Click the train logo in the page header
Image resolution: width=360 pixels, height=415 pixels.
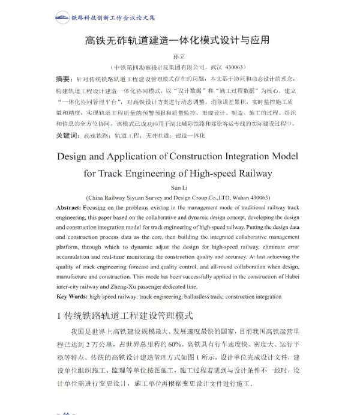[62, 17]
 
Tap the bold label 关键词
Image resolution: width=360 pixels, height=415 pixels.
[67, 136]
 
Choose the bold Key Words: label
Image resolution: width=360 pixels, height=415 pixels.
[71, 296]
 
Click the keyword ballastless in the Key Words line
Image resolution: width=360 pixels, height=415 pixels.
[188, 296]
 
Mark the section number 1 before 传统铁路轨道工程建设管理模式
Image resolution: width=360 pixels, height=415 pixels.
[59, 315]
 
